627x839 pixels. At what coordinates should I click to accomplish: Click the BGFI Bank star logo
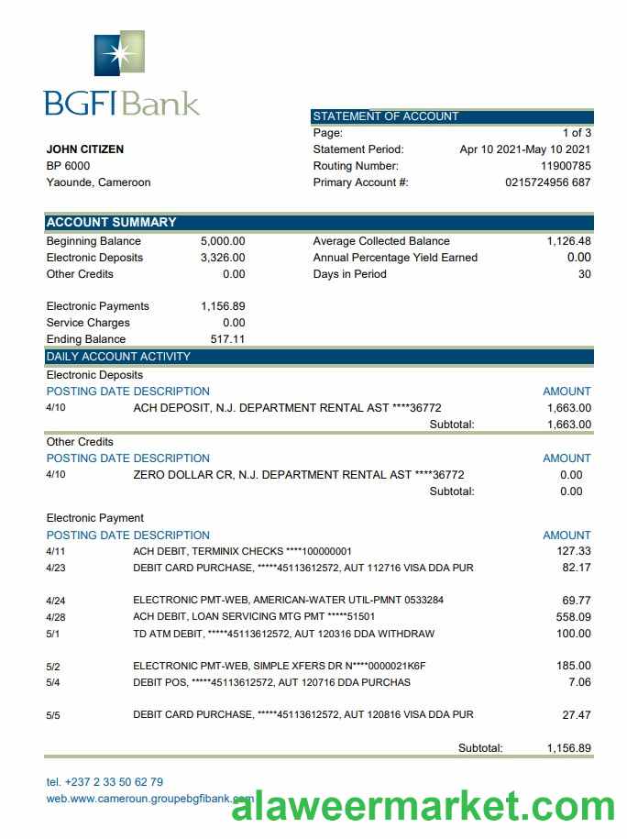[x=119, y=53]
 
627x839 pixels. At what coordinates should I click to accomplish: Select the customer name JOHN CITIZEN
[x=85, y=149]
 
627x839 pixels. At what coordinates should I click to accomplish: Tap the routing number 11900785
[x=566, y=166]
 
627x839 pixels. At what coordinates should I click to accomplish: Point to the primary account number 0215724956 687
[x=547, y=182]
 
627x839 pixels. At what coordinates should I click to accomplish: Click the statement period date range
[x=524, y=149]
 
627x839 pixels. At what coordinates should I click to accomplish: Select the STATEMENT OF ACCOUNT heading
[x=386, y=116]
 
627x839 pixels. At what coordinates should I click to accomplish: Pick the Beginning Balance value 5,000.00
[x=223, y=241]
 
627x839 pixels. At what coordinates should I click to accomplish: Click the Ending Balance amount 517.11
[x=227, y=339]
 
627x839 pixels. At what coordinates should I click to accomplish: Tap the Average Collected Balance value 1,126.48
[x=568, y=241]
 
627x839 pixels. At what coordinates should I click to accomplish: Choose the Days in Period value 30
[x=584, y=274]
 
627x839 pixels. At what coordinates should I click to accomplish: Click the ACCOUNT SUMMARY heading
[x=111, y=222]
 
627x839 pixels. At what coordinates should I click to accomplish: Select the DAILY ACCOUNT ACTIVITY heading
[x=118, y=357]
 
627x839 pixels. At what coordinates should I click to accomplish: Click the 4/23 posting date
[x=55, y=568]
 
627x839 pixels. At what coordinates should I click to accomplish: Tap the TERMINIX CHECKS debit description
[x=242, y=551]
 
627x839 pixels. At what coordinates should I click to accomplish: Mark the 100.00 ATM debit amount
[x=574, y=634]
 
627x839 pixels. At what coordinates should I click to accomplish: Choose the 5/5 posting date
[x=53, y=714]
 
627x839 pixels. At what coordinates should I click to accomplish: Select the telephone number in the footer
[x=104, y=782]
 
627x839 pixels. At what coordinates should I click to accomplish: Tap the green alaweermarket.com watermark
[x=423, y=807]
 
